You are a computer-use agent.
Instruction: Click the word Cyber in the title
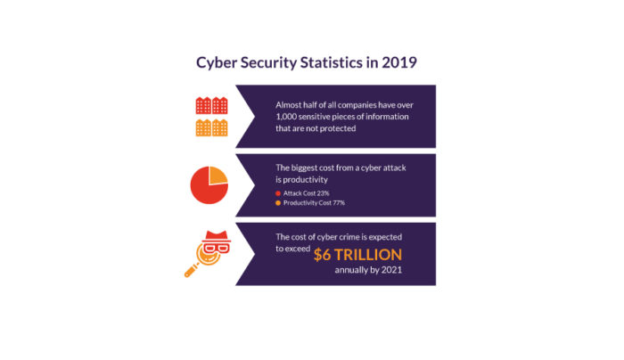217,63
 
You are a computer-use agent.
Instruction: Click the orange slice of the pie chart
217,175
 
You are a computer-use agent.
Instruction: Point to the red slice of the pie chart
205,189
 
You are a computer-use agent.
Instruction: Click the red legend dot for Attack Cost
278,193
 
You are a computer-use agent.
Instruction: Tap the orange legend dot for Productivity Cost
278,203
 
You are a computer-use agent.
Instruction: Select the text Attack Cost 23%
306,193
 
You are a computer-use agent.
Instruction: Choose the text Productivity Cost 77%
314,203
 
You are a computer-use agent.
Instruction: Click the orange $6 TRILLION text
357,255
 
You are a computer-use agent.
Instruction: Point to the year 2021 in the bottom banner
391,270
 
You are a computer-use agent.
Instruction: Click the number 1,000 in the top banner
286,117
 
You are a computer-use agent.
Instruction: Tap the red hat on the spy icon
216,236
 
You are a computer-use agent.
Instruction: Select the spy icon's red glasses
216,249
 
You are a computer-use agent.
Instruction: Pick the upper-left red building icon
203,105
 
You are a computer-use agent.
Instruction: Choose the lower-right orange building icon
219,127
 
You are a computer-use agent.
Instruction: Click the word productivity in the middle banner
301,180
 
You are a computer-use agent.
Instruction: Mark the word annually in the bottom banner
350,270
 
